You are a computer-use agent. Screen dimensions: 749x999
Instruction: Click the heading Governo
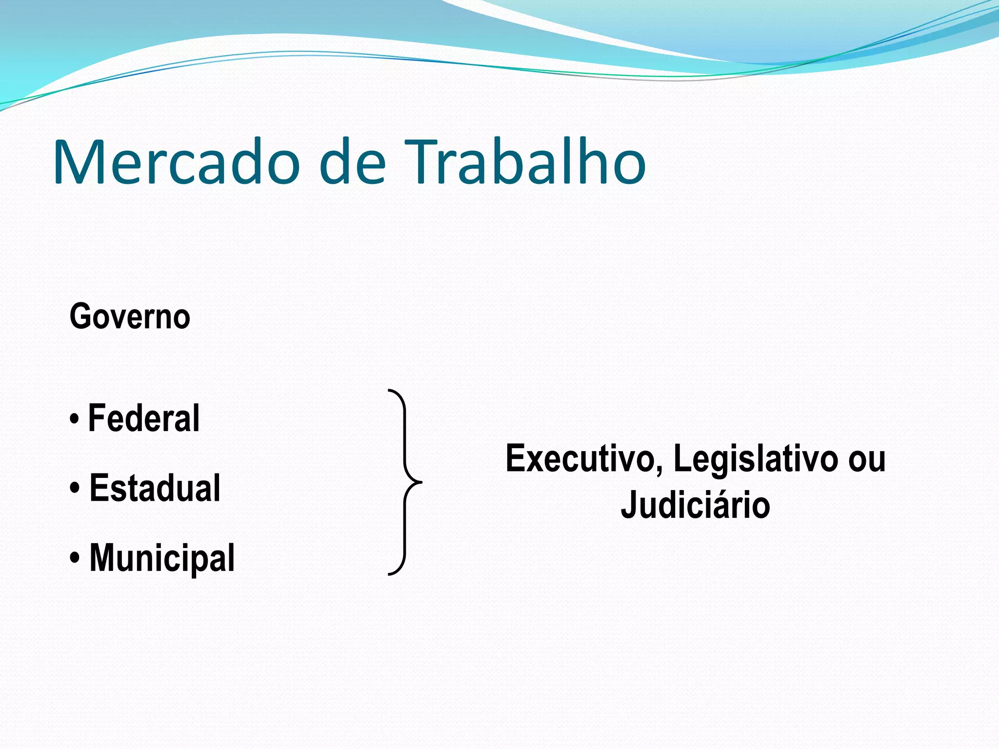point(130,317)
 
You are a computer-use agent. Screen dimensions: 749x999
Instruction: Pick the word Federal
point(143,418)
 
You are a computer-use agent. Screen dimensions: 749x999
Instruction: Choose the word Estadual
point(155,488)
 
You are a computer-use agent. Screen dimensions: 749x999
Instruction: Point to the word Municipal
point(162,558)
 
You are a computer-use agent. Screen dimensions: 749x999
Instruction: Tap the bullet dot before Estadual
point(74,489)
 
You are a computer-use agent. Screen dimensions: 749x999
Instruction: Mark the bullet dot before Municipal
point(74,559)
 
